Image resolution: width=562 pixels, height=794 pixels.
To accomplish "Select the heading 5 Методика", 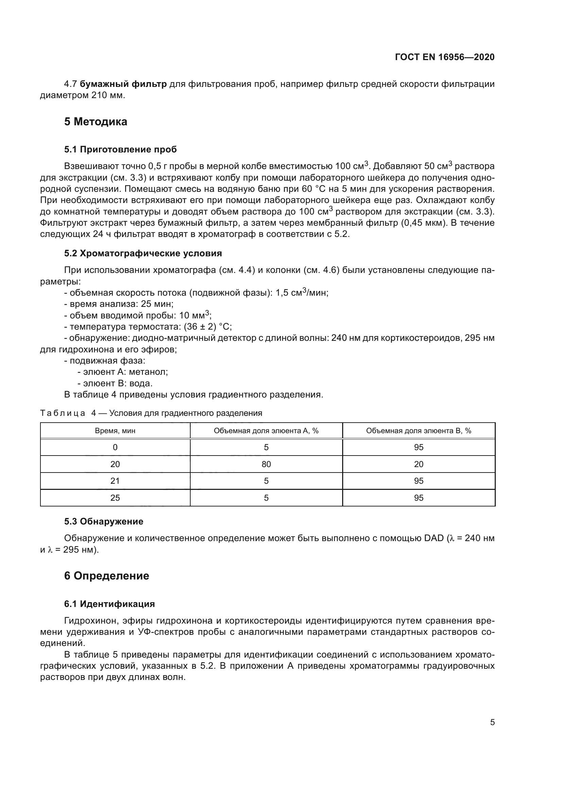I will (x=95, y=122).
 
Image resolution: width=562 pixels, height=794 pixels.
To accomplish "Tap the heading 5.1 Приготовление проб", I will (x=120, y=149).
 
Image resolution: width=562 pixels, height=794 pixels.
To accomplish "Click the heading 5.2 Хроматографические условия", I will (x=143, y=254).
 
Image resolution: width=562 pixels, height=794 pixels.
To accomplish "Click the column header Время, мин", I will (x=115, y=431).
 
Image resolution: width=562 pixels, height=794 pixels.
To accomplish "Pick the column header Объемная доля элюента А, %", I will (x=266, y=431).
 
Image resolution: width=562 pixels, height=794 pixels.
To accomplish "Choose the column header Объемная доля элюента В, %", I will (x=418, y=431).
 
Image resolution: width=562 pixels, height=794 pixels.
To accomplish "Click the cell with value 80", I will (x=266, y=464).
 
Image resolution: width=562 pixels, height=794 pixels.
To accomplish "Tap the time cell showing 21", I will (x=115, y=481).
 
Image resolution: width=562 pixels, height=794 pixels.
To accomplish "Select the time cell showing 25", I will (x=115, y=498).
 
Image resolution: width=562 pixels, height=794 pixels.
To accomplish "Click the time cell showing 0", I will (x=115, y=447).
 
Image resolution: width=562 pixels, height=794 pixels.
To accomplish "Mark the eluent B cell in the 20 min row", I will (x=418, y=464).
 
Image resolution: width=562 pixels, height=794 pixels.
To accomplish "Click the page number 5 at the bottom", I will (x=492, y=722).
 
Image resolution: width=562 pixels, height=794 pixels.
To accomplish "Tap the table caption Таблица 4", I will (x=69, y=413).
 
